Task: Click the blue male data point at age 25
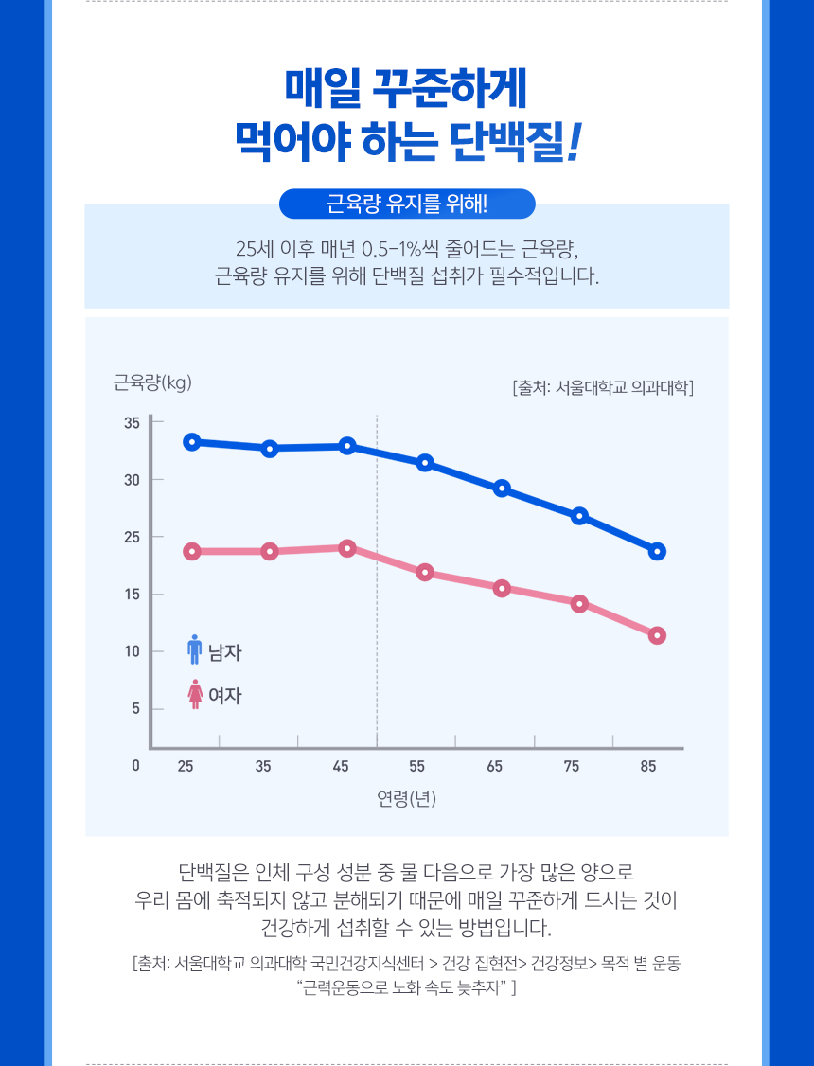pyautogui.click(x=192, y=441)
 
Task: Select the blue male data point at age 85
pyautogui.click(x=657, y=551)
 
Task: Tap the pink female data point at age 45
pyautogui.click(x=347, y=548)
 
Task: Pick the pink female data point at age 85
pyautogui.click(x=657, y=635)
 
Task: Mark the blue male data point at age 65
pyautogui.click(x=502, y=489)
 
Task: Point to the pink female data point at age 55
pyautogui.click(x=425, y=573)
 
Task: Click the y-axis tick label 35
pyautogui.click(x=132, y=422)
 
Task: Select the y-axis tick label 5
pyautogui.click(x=135, y=708)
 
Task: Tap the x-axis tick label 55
pyautogui.click(x=417, y=766)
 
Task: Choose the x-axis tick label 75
pyautogui.click(x=572, y=766)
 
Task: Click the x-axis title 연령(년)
pyautogui.click(x=406, y=798)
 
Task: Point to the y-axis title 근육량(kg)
pyautogui.click(x=152, y=382)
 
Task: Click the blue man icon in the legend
pyautogui.click(x=195, y=649)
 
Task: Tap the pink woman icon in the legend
pyautogui.click(x=195, y=694)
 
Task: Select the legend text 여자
pyautogui.click(x=225, y=696)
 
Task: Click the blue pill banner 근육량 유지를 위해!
pyautogui.click(x=407, y=204)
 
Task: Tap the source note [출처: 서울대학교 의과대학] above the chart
pyautogui.click(x=603, y=387)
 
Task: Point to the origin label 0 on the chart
pyautogui.click(x=136, y=766)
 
